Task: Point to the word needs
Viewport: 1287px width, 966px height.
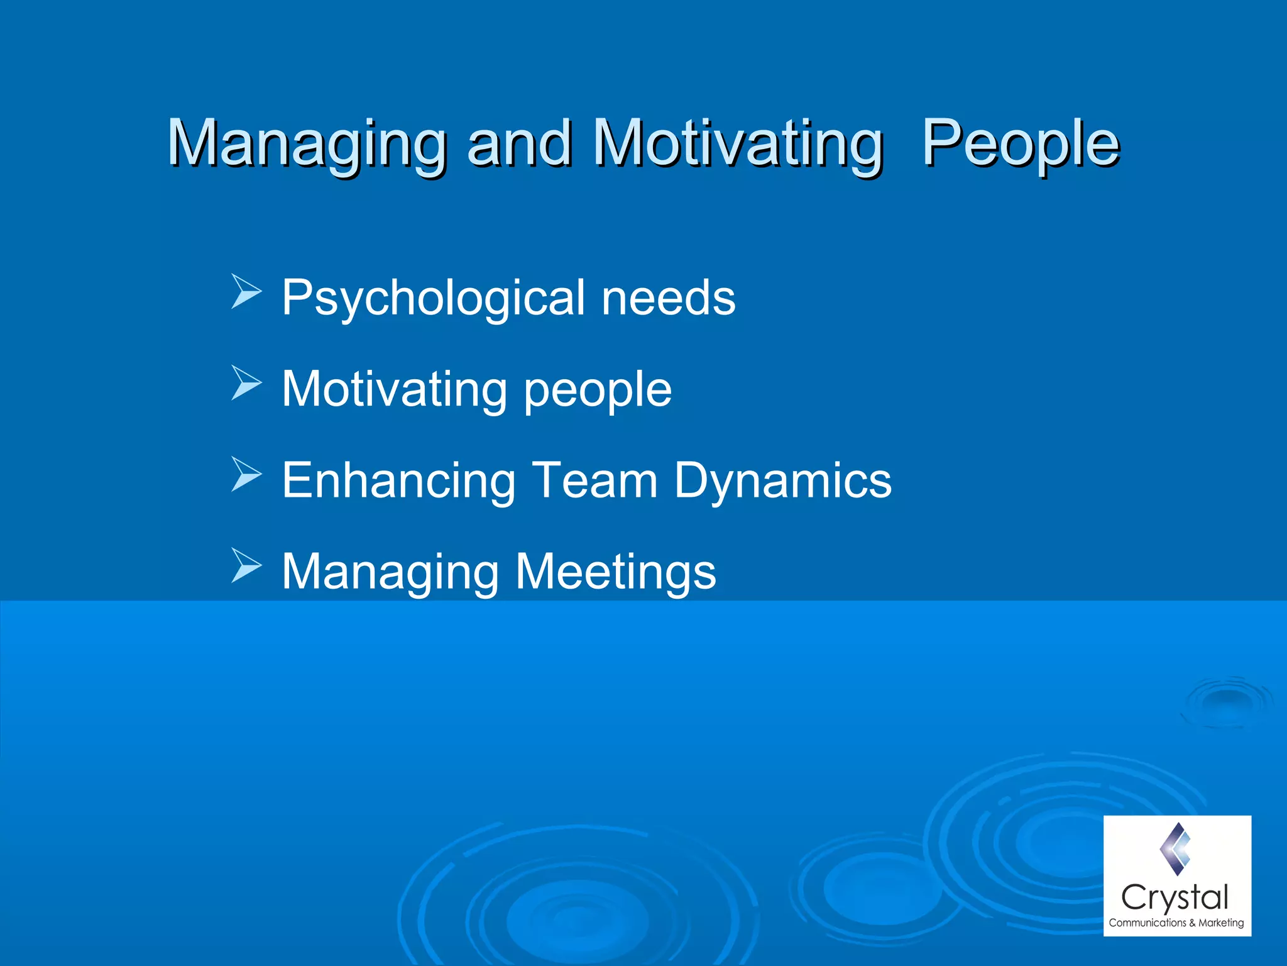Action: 668,297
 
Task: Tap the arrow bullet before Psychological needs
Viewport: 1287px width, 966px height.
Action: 246,291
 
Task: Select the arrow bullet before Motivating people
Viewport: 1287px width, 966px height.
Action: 246,382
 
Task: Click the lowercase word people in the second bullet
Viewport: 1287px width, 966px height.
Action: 598,390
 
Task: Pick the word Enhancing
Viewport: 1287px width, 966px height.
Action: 398,480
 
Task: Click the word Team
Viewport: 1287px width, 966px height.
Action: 594,480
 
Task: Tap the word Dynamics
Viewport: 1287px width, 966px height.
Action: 782,480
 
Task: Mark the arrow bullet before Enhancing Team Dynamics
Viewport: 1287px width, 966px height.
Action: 246,474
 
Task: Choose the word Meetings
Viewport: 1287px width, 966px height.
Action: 615,572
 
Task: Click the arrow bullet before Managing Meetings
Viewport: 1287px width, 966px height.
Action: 246,565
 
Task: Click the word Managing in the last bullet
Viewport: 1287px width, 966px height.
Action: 390,572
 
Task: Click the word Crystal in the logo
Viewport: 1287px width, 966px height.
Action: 1175,897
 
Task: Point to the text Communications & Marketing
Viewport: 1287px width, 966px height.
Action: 1176,923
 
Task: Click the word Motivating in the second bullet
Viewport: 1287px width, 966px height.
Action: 395,389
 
